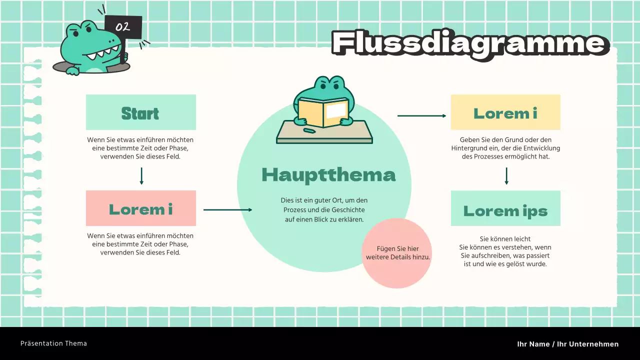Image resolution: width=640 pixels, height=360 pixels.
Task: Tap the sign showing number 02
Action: click(x=123, y=26)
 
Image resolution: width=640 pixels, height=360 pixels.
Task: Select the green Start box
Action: click(x=140, y=112)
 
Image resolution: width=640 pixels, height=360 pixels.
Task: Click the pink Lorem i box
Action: click(x=140, y=208)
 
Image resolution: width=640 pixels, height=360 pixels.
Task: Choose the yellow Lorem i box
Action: click(x=505, y=112)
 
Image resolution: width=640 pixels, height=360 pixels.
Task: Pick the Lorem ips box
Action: click(x=505, y=208)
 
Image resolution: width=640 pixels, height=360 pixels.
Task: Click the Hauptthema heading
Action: click(x=328, y=175)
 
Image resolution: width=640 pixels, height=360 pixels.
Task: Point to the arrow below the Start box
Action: click(x=141, y=176)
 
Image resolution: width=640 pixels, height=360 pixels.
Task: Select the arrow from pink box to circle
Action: click(x=227, y=210)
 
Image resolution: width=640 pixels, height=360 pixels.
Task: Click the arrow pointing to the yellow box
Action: click(x=421, y=115)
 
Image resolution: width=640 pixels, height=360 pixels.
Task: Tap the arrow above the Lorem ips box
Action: click(x=506, y=176)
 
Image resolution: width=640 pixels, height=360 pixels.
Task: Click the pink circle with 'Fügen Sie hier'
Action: click(x=397, y=253)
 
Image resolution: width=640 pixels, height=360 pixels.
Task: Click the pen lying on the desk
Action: click(x=309, y=131)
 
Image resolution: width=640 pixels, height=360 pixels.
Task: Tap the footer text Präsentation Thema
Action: click(x=53, y=343)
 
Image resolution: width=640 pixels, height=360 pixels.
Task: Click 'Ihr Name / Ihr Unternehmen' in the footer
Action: click(x=567, y=344)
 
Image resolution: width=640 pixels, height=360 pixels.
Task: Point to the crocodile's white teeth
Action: click(x=104, y=51)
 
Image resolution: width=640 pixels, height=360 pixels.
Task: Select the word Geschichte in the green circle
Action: click(x=347, y=210)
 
